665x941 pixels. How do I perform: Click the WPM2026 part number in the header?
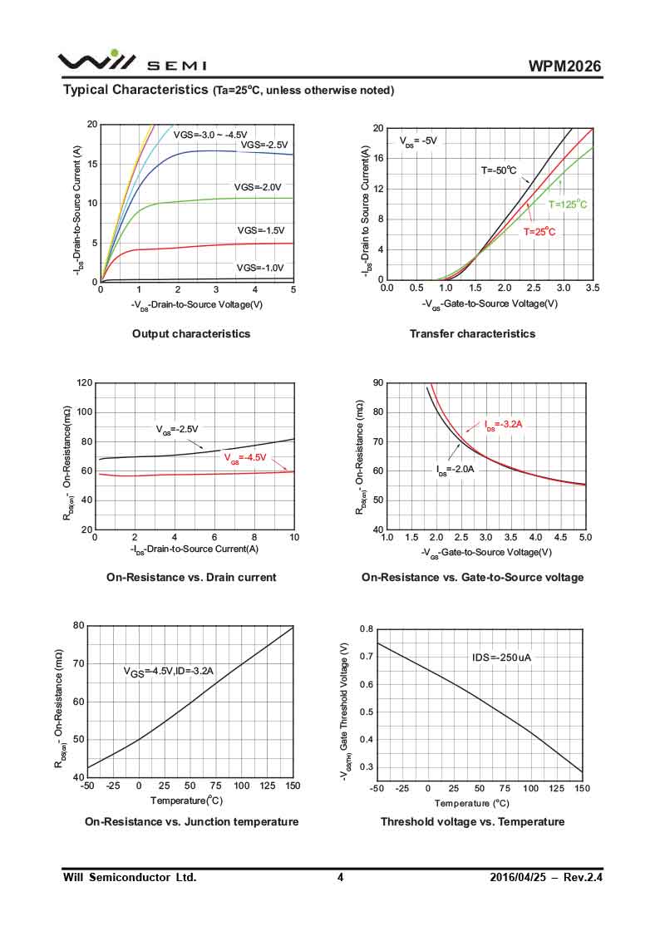click(x=564, y=67)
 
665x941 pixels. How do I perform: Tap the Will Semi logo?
click(x=131, y=62)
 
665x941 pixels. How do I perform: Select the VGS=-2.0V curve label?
click(x=258, y=188)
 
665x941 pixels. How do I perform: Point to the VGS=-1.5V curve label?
click(x=261, y=230)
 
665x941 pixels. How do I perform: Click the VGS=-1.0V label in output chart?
click(x=260, y=269)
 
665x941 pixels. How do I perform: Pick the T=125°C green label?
click(x=568, y=204)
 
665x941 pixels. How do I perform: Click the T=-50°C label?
click(x=499, y=170)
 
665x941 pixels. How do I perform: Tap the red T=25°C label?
click(x=539, y=233)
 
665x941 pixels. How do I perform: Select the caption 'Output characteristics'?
click(x=191, y=334)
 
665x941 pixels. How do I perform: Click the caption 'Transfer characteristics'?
click(x=472, y=334)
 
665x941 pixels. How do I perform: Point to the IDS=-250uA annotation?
click(x=501, y=658)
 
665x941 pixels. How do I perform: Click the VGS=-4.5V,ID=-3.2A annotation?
click(x=169, y=672)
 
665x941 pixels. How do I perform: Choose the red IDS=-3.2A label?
click(x=504, y=425)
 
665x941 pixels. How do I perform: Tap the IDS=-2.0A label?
click(x=456, y=470)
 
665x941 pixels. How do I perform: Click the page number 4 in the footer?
click(x=340, y=878)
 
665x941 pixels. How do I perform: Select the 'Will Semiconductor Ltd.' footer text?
click(x=131, y=878)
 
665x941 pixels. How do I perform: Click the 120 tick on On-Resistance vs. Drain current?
click(x=83, y=383)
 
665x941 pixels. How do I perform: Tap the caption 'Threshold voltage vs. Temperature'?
click(x=472, y=822)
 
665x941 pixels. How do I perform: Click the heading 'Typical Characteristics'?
click(x=135, y=89)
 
